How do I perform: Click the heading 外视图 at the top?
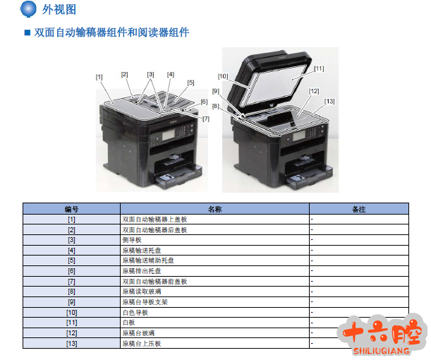coord(59,10)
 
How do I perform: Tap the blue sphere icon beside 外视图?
coord(28,9)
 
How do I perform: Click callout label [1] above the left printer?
coord(99,77)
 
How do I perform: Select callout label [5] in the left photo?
coord(190,83)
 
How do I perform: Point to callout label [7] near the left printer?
coord(206,119)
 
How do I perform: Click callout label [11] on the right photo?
coord(319,68)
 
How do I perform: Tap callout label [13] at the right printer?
coord(329,102)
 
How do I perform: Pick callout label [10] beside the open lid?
coord(223,76)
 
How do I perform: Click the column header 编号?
coord(71,209)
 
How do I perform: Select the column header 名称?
coord(214,209)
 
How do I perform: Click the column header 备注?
coord(359,209)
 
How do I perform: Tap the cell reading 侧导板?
coord(132,240)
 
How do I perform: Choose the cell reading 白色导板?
coord(135,313)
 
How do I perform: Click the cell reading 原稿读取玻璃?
coord(142,292)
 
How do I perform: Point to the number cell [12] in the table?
coord(71,333)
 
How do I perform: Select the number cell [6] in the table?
coord(71,271)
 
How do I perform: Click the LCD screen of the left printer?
coord(169,136)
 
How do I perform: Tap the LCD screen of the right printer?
coord(299,136)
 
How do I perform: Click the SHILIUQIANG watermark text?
coord(381,351)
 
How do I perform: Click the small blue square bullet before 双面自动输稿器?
coord(28,32)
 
